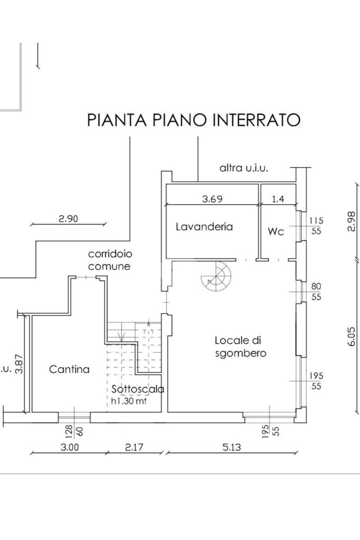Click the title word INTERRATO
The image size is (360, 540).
(x=256, y=120)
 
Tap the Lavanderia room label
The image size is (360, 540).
(x=204, y=227)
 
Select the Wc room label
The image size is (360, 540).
(x=276, y=232)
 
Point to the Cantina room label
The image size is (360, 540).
(x=69, y=370)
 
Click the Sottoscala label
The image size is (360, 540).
(x=138, y=389)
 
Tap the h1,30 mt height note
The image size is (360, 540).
(x=129, y=401)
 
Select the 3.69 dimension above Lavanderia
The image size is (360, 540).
(x=212, y=199)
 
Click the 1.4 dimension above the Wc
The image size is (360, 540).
(x=277, y=199)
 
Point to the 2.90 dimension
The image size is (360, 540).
(x=69, y=218)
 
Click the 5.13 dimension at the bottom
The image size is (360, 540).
(x=231, y=447)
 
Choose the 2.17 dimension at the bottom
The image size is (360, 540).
(x=134, y=447)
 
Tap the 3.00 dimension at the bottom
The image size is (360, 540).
(x=70, y=447)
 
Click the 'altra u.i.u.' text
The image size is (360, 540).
(x=244, y=168)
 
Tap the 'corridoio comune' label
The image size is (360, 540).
(x=110, y=260)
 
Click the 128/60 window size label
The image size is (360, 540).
(x=73, y=431)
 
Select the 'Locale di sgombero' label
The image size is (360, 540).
(x=240, y=347)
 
